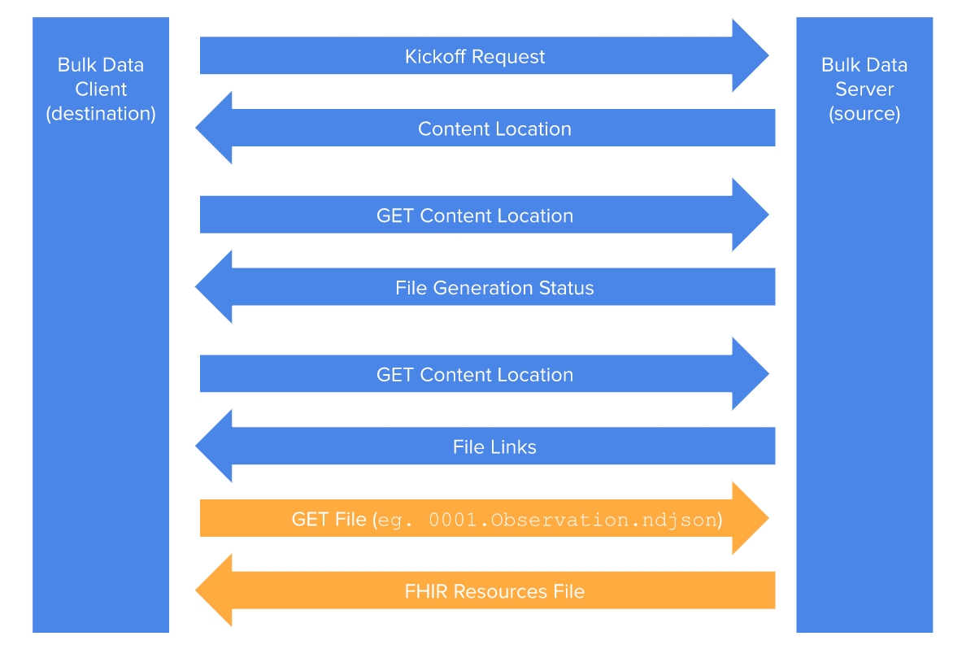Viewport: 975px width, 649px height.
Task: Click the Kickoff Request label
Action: coord(475,57)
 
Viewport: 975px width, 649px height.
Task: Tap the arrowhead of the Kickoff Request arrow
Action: coord(749,56)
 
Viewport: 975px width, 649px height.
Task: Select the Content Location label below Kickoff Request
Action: coord(494,129)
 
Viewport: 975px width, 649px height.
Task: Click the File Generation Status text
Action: coord(494,288)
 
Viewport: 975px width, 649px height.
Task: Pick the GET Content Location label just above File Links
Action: coord(475,375)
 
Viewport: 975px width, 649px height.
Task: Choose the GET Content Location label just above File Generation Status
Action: coord(475,216)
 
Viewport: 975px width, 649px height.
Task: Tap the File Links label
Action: coord(494,447)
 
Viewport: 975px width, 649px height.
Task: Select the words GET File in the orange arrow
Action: coord(329,519)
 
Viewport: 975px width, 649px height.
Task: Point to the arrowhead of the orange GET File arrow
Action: coord(749,518)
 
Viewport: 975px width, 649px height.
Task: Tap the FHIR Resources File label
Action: coord(494,591)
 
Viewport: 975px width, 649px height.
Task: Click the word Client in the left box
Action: coord(101,89)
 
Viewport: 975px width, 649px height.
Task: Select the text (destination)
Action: coord(101,114)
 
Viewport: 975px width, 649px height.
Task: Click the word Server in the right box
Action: coord(864,89)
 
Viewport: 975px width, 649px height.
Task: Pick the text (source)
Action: coord(864,114)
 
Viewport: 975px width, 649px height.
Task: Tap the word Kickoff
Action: coord(436,57)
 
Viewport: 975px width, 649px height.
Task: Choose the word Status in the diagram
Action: coord(567,288)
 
